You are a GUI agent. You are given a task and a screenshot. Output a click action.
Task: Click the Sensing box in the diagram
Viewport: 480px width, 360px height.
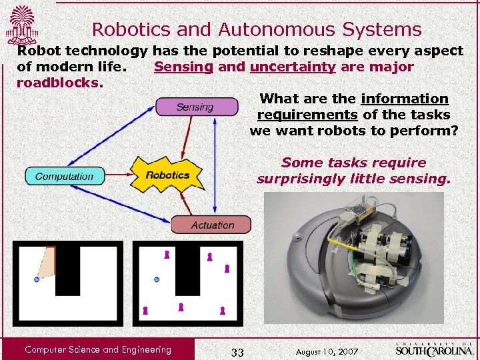coord(196,107)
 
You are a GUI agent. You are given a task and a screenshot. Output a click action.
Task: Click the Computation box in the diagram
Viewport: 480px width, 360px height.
coord(65,176)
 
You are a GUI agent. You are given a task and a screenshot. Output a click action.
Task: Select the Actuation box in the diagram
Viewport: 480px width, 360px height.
coord(211,225)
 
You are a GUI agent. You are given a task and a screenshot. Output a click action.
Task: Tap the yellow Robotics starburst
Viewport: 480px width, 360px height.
coord(168,175)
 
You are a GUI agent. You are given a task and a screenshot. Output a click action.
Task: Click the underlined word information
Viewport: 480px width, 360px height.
coord(405,99)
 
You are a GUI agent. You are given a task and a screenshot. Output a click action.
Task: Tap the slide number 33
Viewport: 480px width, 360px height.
coord(237,351)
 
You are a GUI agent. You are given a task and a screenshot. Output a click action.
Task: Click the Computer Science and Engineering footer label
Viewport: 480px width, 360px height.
coord(97,349)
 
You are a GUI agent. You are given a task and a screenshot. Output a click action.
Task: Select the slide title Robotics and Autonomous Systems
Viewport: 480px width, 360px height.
coord(257,29)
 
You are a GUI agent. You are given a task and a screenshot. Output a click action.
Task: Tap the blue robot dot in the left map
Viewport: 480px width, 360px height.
coord(37,279)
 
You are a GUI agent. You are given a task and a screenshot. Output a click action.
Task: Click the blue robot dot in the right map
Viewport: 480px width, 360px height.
coord(157,279)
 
